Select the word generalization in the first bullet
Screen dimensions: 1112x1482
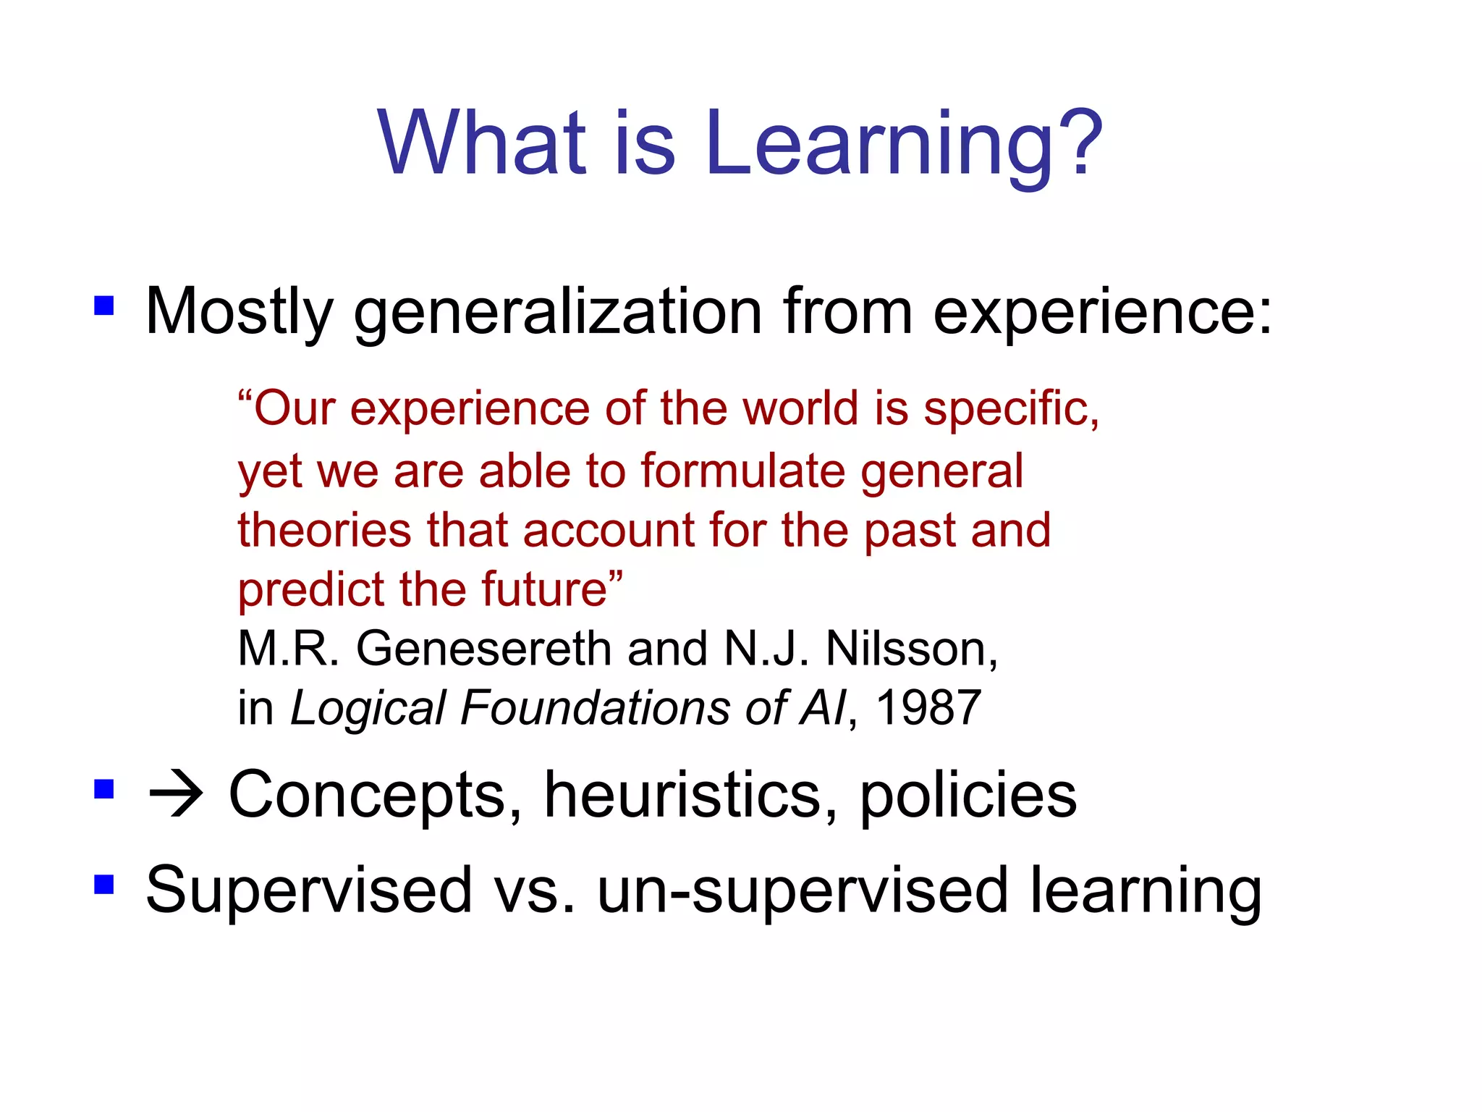pyautogui.click(x=557, y=313)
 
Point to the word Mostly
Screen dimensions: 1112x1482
pyautogui.click(x=239, y=313)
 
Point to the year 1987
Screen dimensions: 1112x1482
pyautogui.click(x=928, y=707)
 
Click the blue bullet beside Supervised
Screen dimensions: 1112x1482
pyautogui.click(x=104, y=884)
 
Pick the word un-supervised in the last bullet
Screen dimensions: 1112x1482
pyautogui.click(x=802, y=891)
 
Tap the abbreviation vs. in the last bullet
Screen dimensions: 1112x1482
pyautogui.click(x=533, y=891)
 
